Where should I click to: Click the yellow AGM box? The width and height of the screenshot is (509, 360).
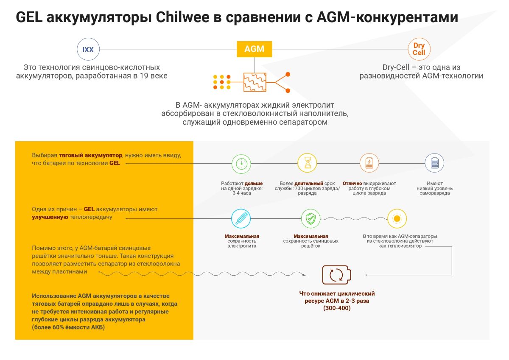pos(254,49)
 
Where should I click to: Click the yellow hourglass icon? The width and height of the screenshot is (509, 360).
pos(307,163)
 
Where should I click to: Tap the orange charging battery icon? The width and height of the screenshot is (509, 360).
pos(369,163)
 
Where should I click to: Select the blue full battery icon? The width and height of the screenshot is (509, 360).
pos(434,163)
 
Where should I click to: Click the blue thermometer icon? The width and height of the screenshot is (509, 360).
pos(241,218)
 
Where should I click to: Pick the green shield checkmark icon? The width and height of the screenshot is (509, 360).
pos(310,218)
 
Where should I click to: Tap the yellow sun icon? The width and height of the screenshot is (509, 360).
pos(397,218)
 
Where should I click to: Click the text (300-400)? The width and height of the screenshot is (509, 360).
pos(337,308)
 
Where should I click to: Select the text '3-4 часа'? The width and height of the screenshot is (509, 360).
pos(241,193)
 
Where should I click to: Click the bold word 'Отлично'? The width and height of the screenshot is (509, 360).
pos(352,184)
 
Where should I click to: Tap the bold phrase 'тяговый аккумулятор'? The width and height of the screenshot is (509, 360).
pos(90,156)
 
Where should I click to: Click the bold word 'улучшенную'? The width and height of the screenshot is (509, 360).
pos(50,217)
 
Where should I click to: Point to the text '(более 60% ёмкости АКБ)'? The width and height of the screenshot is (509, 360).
pos(68,327)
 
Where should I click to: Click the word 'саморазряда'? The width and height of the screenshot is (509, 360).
pos(434,193)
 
